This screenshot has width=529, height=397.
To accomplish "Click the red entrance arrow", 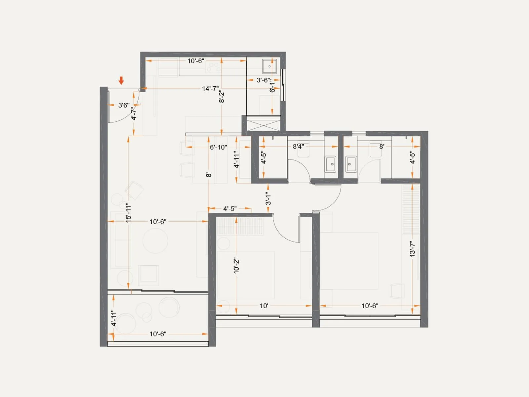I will coord(121,80).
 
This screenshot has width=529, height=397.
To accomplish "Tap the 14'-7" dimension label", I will coord(210,89).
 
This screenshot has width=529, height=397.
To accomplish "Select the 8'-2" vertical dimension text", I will coord(222,96).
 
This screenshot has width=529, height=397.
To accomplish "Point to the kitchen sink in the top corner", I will coord(269,66).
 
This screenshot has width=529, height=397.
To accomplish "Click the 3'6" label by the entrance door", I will coord(124,105).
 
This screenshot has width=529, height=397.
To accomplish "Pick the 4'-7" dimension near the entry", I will coord(134,113).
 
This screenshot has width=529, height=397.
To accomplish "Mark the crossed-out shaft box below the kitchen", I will coord(264,125).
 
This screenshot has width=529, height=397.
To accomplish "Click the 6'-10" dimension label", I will coord(218,147).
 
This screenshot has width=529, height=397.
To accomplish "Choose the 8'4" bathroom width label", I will coord(298,146).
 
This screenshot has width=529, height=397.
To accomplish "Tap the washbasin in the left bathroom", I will coord(330,164).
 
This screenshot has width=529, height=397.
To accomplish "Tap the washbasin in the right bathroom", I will coord(351,164).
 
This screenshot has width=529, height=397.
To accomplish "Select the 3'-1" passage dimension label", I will coord(268,198).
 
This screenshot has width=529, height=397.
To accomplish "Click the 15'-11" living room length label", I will coord(129,212).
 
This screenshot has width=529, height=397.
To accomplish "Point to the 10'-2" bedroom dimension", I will coord(236,265).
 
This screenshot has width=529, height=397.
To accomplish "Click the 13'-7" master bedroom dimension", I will coord(412,249).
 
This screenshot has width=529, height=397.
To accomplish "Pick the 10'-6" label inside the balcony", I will coord(158,334).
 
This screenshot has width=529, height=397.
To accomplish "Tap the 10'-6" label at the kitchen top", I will coord(196,61).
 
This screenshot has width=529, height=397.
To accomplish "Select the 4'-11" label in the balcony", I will coord(114,318).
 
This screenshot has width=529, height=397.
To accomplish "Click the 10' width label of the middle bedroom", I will coord(264,306).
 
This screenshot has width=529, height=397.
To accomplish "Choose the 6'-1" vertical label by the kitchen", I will coord(272,87).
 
